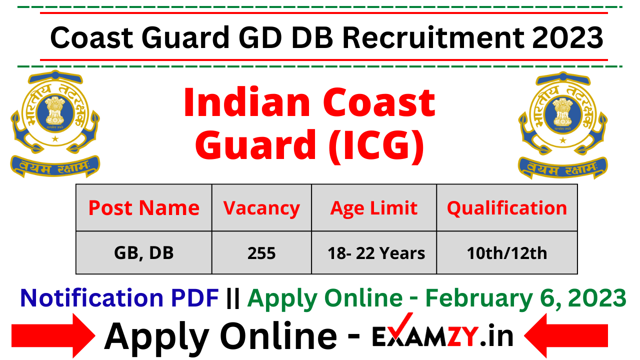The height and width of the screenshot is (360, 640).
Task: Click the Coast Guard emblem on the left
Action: (55, 123)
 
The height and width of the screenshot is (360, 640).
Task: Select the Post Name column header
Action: (144, 208)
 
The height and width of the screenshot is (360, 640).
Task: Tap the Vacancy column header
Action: (261, 208)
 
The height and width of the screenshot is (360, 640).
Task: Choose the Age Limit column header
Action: (374, 208)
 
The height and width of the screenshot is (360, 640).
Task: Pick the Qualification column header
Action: (507, 208)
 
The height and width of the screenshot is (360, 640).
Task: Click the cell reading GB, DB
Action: (144, 253)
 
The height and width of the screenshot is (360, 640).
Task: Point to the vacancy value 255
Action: (261, 253)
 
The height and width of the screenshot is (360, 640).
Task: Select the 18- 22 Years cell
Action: (376, 253)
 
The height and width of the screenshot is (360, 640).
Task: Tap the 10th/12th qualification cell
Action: (507, 253)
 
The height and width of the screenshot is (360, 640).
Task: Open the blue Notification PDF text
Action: (119, 298)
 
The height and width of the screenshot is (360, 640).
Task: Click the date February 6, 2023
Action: (525, 298)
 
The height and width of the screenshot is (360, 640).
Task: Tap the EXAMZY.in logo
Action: (442, 335)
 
